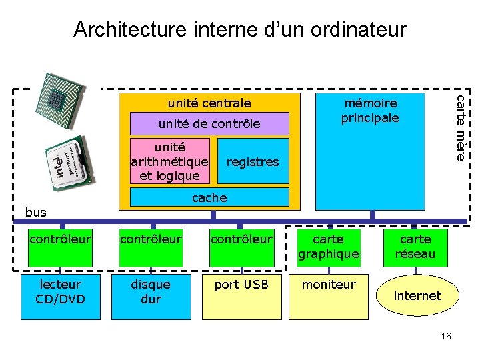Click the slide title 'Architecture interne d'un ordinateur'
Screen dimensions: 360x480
(239, 29)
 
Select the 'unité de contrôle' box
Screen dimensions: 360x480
(209, 123)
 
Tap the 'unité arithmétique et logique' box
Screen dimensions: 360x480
(170, 161)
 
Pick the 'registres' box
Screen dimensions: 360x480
(253, 161)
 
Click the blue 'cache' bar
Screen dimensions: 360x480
(209, 197)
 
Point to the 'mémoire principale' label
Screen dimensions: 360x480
(370, 111)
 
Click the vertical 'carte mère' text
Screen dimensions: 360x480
(460, 127)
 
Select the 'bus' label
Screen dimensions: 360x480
(36, 212)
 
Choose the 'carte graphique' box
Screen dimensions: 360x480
(328, 247)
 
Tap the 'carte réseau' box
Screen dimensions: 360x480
(415, 247)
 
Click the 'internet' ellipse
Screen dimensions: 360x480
(417, 295)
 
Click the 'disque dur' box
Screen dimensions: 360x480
(151, 292)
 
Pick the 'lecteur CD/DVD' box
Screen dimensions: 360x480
(61, 292)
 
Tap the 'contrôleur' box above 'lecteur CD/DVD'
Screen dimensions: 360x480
(61, 239)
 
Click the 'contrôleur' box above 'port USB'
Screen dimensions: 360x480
(241, 239)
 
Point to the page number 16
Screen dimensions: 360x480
(446, 336)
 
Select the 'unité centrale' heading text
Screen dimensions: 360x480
(209, 103)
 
